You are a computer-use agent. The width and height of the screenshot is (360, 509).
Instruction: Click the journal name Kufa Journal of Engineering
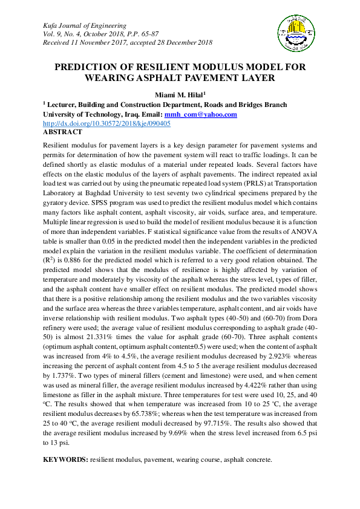(x=84, y=26)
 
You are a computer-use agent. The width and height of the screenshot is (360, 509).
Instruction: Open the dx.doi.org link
(x=106, y=123)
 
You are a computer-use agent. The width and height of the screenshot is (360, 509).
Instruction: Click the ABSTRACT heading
(x=62, y=132)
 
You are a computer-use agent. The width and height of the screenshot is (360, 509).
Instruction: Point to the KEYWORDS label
(x=65, y=459)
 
